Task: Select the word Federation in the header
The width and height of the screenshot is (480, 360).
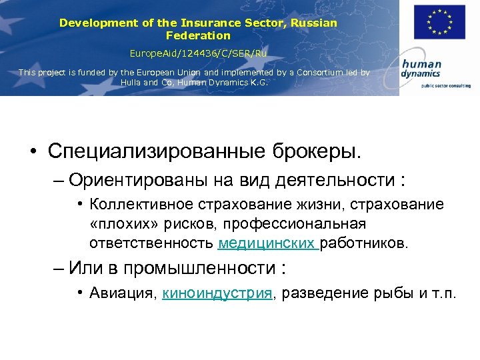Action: coord(198,35)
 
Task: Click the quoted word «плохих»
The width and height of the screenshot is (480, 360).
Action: coord(121,223)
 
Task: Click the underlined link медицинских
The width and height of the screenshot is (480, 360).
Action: coord(267,243)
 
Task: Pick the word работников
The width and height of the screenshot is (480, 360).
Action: coord(363,243)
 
